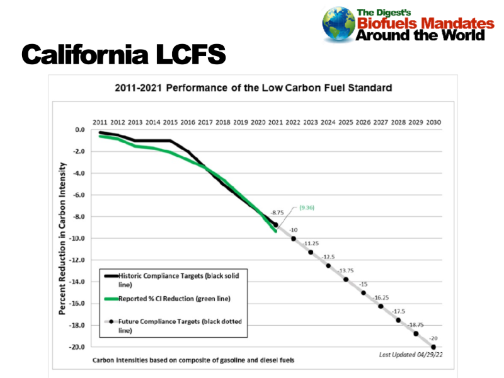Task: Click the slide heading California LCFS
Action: click(x=123, y=55)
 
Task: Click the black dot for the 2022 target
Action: click(x=294, y=238)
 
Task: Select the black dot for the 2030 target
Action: click(x=433, y=346)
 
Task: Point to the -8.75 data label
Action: click(x=277, y=214)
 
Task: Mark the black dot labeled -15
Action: click(x=364, y=292)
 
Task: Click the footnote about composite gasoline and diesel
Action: click(x=193, y=360)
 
